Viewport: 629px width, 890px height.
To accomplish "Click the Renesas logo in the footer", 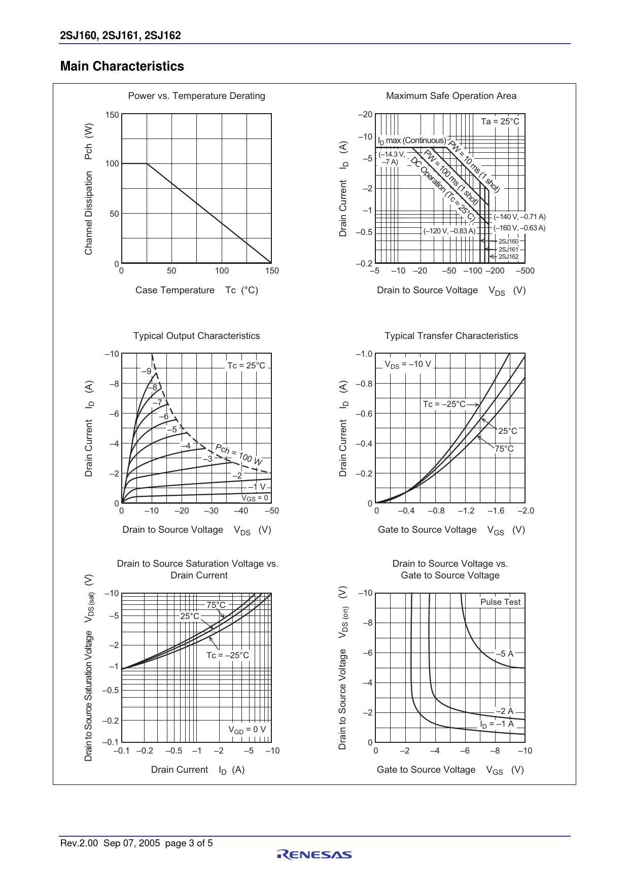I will point(314,855).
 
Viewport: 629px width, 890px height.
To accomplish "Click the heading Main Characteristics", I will point(122,66).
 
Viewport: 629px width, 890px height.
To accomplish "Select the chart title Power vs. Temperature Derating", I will point(196,96).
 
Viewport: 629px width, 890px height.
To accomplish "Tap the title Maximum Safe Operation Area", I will point(451,96).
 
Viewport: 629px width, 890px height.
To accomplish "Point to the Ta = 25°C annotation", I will point(500,121).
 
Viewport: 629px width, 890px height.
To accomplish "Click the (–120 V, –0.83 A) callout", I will point(449,231).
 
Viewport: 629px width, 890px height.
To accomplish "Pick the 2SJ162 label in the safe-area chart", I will point(508,257).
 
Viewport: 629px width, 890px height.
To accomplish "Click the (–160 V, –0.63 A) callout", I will point(519,228).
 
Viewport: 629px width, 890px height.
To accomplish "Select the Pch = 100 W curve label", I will point(238,454).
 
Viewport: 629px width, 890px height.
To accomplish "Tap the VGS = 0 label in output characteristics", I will point(254,498).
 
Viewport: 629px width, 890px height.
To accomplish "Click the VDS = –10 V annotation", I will point(407,364).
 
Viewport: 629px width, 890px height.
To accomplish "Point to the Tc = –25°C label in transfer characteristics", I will point(444,404).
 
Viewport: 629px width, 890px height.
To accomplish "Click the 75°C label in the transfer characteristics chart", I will point(504,449).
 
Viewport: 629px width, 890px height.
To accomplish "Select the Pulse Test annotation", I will point(500,602).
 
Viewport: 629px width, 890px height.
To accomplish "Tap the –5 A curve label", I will point(505,654).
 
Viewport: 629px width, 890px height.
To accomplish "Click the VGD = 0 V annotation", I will point(247,730).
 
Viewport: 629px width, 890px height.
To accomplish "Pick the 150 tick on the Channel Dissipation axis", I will point(112,115).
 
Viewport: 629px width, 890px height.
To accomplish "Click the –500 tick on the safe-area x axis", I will point(525,271).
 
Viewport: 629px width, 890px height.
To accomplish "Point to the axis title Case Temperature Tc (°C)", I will point(196,290).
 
